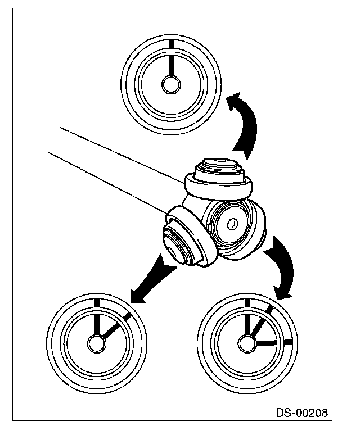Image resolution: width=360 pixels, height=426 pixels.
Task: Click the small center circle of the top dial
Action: (169, 84)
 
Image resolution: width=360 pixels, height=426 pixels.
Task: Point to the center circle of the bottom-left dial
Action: (95, 342)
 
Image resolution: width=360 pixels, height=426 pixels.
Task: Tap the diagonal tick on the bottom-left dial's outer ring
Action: (128, 316)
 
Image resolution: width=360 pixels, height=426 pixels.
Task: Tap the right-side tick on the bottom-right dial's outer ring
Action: (289, 341)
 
